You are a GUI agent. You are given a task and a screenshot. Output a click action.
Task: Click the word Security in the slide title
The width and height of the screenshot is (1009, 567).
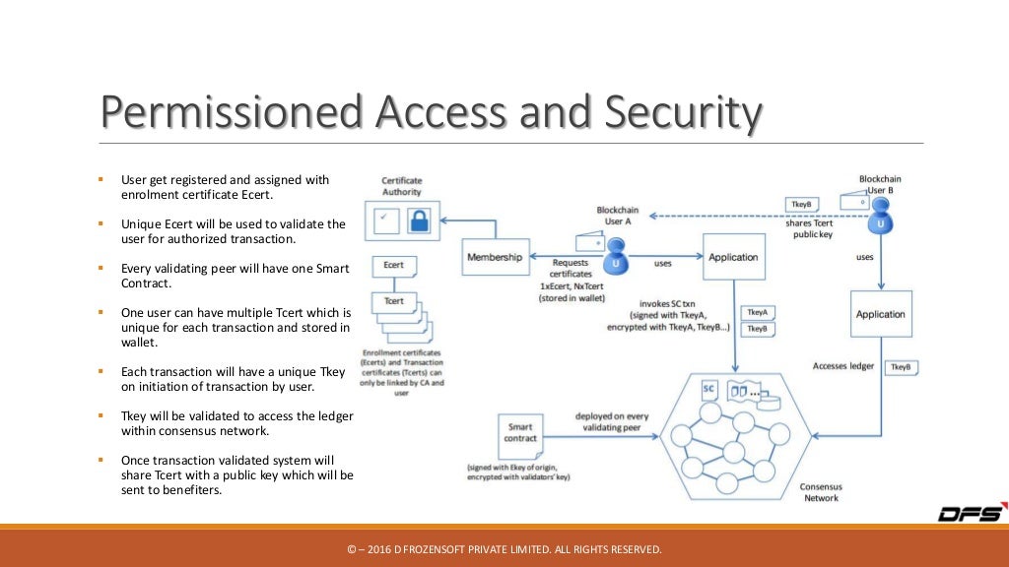pyautogui.click(x=682, y=114)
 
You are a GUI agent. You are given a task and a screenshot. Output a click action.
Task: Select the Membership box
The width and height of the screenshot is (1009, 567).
pyautogui.click(x=495, y=257)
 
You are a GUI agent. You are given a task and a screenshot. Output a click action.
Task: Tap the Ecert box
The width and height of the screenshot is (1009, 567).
pyautogui.click(x=393, y=266)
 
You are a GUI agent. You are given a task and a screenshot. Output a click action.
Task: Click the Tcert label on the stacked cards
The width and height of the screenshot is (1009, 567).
pyautogui.click(x=393, y=301)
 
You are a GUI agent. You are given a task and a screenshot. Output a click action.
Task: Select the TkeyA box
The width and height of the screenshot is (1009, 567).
pyautogui.click(x=757, y=312)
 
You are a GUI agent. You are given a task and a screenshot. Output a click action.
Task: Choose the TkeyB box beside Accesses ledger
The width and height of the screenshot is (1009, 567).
pyautogui.click(x=900, y=367)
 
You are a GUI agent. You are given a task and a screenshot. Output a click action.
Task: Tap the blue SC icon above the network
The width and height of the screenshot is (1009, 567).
pyautogui.click(x=707, y=390)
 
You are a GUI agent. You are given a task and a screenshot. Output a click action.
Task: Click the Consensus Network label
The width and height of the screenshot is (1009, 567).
pyautogui.click(x=820, y=492)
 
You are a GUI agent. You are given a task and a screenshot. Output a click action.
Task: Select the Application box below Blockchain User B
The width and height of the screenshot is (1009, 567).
pyautogui.click(x=880, y=315)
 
